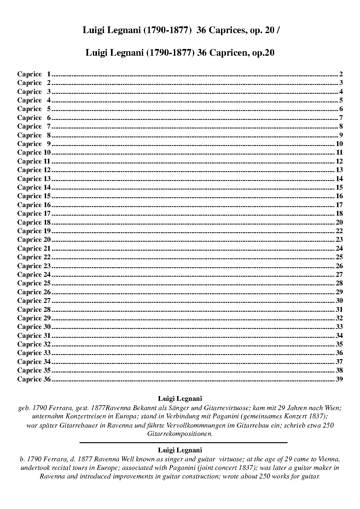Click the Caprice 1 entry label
tap(34, 74)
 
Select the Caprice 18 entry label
tap(34, 222)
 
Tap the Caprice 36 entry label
tap(34, 379)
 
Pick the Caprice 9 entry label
tap(34, 144)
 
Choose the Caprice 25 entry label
tap(34, 283)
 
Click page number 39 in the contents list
tap(339, 379)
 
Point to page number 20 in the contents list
tap(339, 222)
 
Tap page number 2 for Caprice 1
tap(341, 74)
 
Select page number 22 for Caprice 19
tap(339, 231)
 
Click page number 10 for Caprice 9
tap(339, 144)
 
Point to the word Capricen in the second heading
tap(226, 53)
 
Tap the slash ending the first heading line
tap(278, 31)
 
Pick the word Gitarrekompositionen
tap(180, 434)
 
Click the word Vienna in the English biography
tap(330, 459)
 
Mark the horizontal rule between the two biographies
tap(183, 442)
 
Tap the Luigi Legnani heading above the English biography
tap(180, 450)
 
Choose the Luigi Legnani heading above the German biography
tap(180, 398)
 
